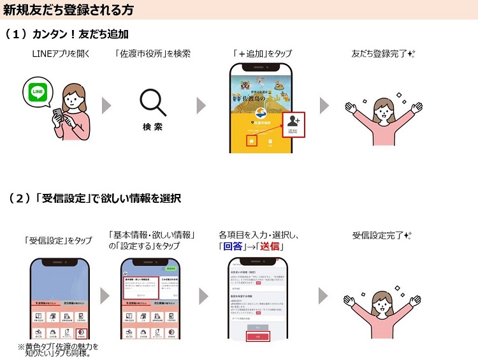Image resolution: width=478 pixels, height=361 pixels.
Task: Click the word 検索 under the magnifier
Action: pos(152,126)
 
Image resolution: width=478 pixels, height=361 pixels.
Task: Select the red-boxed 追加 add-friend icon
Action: pos(293,123)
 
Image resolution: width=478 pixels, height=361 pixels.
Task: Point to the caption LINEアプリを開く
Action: pos(61,54)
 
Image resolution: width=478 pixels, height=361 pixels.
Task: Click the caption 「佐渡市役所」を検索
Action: pos(153,54)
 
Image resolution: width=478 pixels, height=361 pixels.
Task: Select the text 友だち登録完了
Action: pos(379,54)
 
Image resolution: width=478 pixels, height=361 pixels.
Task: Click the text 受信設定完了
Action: pos(379,235)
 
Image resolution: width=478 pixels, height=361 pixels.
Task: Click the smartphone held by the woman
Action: pos(57,113)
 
